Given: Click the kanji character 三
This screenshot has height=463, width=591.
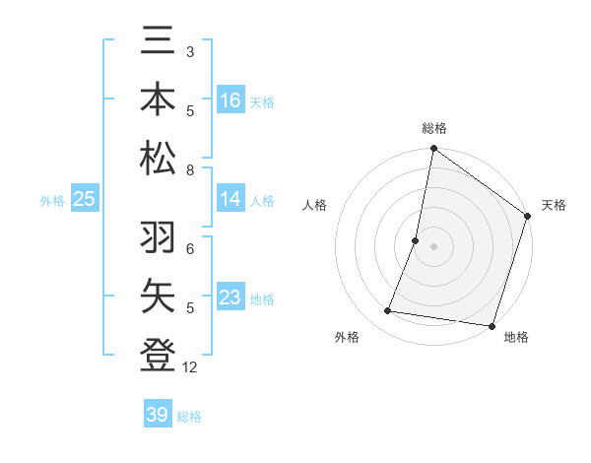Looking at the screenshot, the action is (158, 43).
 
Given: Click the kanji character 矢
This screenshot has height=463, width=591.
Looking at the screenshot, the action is (158, 296).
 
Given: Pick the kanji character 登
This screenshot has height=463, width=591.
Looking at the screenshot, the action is (158, 353).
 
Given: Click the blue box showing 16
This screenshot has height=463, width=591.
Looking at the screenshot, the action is (230, 99).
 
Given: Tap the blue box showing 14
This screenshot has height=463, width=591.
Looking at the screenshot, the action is (230, 199).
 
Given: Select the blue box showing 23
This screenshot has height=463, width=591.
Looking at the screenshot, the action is (230, 297).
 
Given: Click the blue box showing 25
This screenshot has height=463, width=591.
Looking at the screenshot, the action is (84, 199).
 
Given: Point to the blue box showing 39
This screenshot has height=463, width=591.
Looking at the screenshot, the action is (158, 415).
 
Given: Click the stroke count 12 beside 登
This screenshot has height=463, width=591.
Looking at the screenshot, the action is (191, 367).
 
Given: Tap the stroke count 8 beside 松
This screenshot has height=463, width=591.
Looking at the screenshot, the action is (190, 170).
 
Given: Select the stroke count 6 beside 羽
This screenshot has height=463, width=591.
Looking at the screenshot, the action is (190, 249).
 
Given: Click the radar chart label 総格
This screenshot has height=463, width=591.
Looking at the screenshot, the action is (434, 128).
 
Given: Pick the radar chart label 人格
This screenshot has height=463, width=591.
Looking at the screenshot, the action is (315, 205).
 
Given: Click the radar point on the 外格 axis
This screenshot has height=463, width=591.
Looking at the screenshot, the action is (388, 311).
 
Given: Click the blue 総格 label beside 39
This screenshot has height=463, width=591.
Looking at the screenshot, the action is (189, 416).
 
